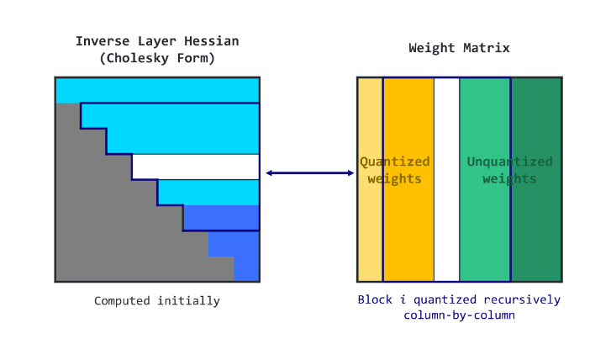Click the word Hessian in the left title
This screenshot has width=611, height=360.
pyautogui.click(x=212, y=40)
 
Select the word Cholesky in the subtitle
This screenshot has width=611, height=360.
pyautogui.click(x=148, y=58)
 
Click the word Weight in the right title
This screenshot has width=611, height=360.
pyautogui.click(x=429, y=48)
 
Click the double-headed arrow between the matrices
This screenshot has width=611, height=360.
pyautogui.click(x=309, y=173)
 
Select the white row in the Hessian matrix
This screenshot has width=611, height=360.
pyautogui.click(x=195, y=167)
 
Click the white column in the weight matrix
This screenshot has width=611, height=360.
pyautogui.click(x=446, y=179)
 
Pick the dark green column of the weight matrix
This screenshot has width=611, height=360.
pyautogui.click(x=536, y=219)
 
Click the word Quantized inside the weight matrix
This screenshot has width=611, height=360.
pyautogui.click(x=395, y=161)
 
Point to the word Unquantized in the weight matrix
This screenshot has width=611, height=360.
pyautogui.click(x=509, y=161)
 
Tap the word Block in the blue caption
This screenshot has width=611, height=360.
pyautogui.click(x=375, y=299)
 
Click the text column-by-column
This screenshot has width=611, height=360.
pyautogui.click(x=458, y=315)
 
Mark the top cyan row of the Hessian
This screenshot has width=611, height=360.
pyautogui.click(x=157, y=89)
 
